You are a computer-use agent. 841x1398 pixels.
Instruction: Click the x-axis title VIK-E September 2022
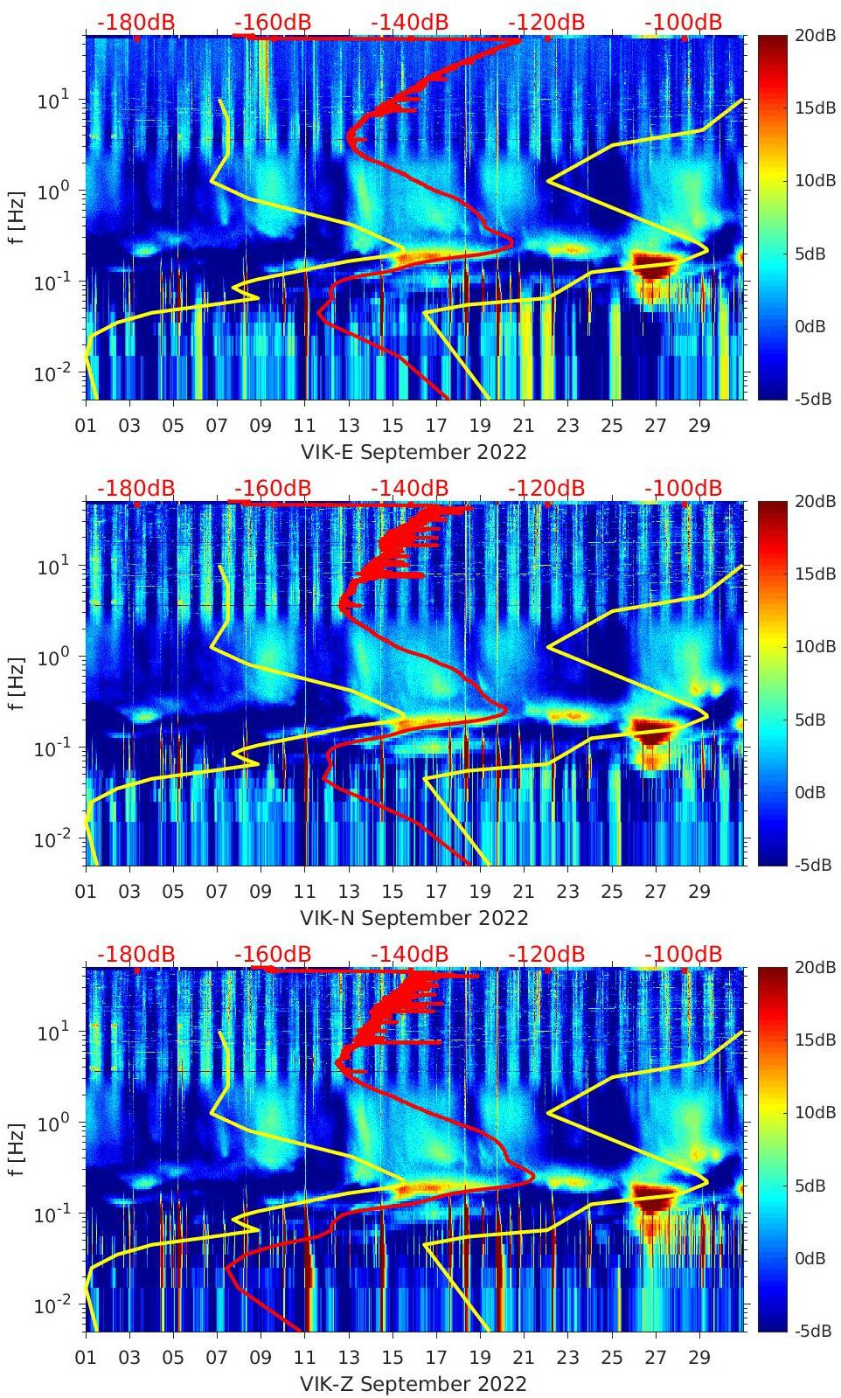pyautogui.click(x=414, y=452)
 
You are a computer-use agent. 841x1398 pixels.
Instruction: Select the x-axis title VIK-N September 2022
pyautogui.click(x=414, y=918)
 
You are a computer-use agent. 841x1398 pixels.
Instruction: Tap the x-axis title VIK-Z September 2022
pyautogui.click(x=414, y=1384)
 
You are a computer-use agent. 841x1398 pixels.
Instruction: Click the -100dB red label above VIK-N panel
pyautogui.click(x=684, y=489)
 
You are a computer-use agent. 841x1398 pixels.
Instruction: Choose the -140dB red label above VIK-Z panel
pyautogui.click(x=409, y=955)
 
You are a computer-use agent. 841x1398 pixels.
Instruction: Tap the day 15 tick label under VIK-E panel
pyautogui.click(x=393, y=426)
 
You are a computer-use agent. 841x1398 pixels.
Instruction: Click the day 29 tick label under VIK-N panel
pyautogui.click(x=699, y=892)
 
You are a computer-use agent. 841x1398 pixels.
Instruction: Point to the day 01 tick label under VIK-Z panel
pyautogui.click(x=86, y=1358)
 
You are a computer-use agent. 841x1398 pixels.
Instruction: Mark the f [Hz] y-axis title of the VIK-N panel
pyautogui.click(x=15, y=683)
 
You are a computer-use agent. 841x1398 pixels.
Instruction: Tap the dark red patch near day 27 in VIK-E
pyautogui.click(x=651, y=264)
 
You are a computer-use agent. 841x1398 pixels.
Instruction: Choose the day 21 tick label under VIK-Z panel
pyautogui.click(x=524, y=1358)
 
